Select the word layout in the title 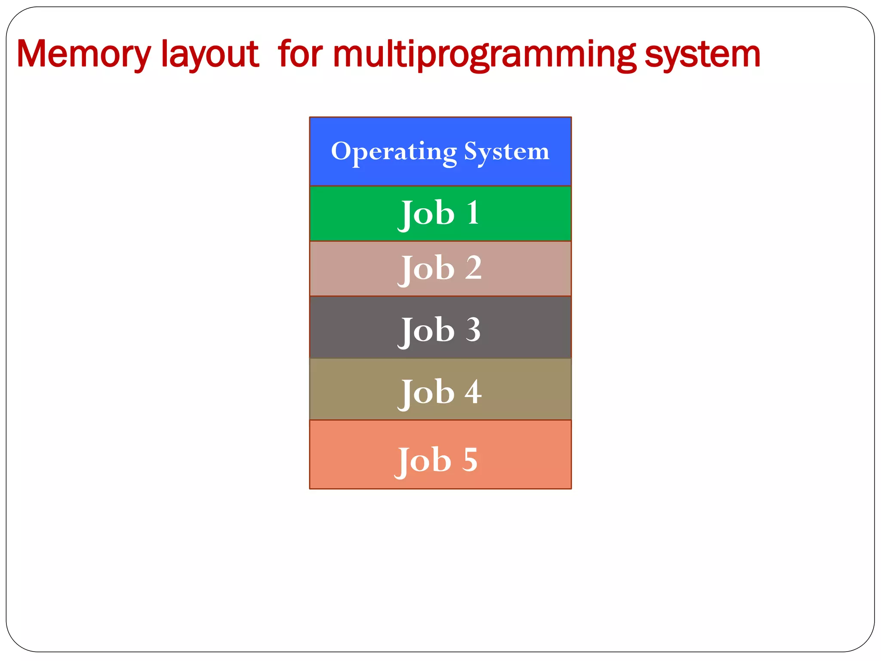point(210,55)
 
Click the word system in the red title point(702,55)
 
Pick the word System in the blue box point(506,152)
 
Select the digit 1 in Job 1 point(473,213)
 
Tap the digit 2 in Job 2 point(473,268)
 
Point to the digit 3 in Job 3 point(473,330)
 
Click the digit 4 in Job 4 point(473,392)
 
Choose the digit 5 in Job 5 point(470,460)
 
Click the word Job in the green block point(426,214)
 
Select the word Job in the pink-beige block point(426,269)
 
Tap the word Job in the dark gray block point(426,331)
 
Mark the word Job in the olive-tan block point(426,393)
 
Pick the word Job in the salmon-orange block point(423,461)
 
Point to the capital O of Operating point(341,151)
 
